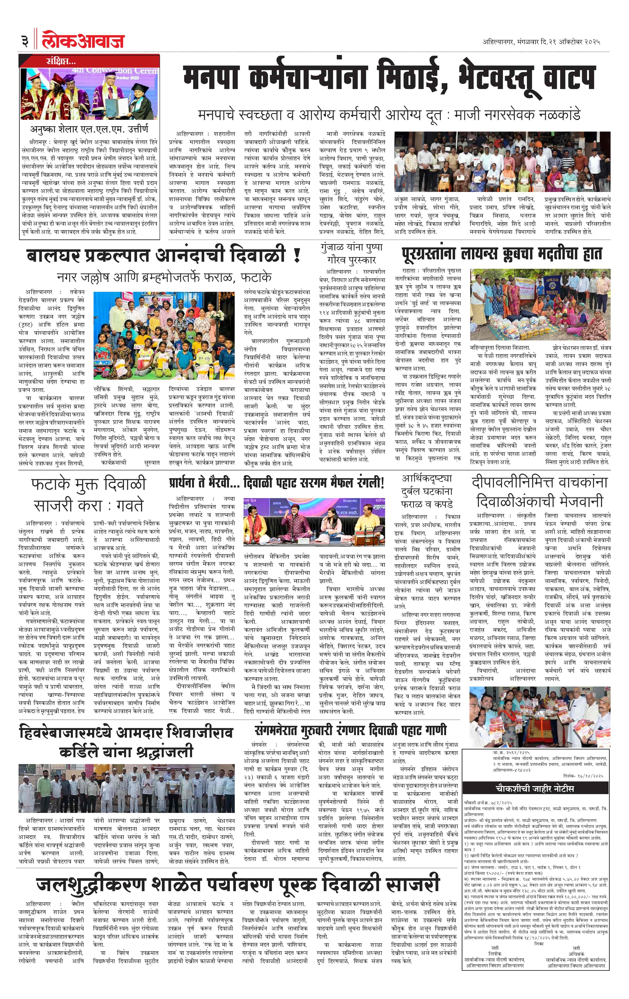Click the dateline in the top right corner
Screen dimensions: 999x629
[x=541, y=42]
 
